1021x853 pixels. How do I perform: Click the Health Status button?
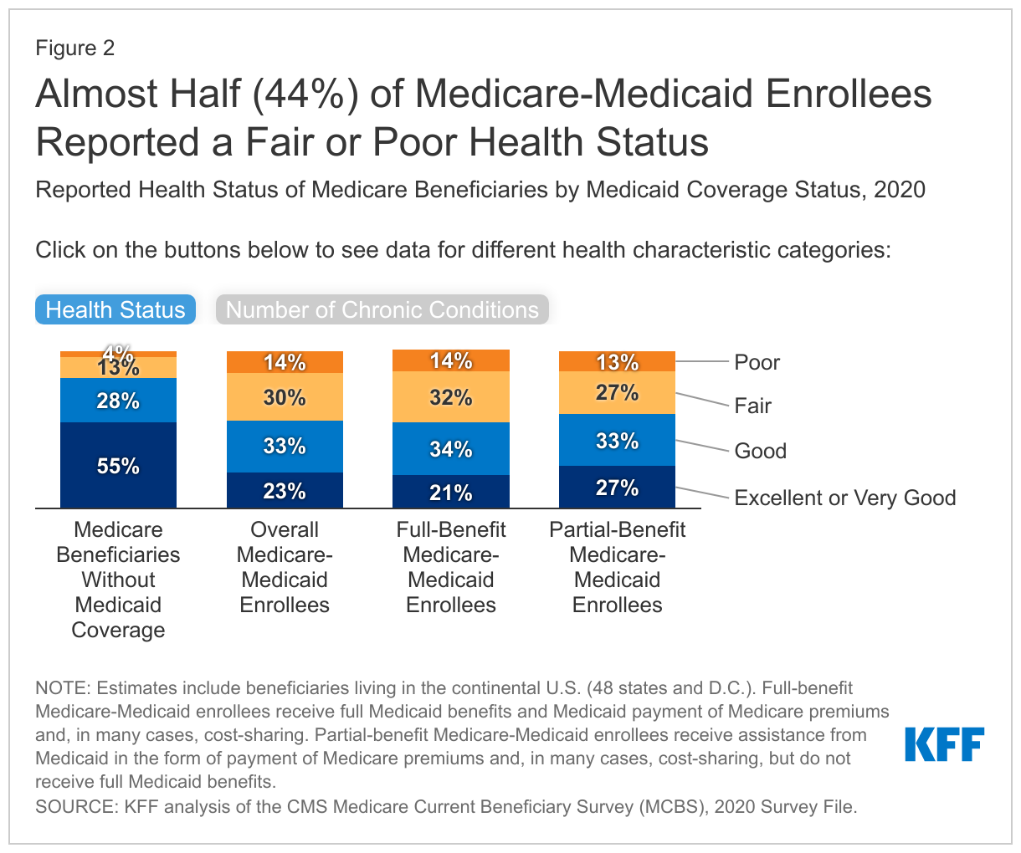(x=115, y=309)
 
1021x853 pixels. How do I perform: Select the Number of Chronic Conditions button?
(x=382, y=309)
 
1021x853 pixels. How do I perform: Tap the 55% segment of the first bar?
(x=118, y=466)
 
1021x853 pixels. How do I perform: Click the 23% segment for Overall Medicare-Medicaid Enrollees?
(x=285, y=490)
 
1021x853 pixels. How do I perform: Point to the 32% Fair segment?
(x=451, y=397)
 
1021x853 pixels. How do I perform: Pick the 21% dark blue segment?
(x=451, y=492)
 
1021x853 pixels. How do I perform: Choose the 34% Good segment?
(x=451, y=449)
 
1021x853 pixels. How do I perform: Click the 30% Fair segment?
(x=285, y=397)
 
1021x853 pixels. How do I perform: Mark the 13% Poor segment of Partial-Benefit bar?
(x=617, y=361)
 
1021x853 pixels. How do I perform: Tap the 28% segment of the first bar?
(x=118, y=401)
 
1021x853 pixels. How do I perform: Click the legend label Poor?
(x=757, y=362)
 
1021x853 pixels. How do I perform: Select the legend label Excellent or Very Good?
(x=844, y=498)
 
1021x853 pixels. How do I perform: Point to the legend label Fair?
(x=752, y=406)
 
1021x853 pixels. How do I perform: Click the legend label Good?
(x=760, y=451)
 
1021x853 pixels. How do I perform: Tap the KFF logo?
(x=944, y=743)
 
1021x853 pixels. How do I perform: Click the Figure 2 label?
(x=74, y=48)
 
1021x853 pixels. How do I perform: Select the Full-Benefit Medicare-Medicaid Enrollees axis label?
(x=451, y=567)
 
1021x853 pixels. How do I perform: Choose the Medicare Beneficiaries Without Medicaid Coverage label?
(x=118, y=580)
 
